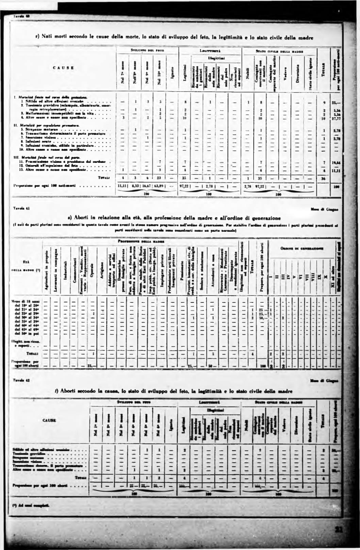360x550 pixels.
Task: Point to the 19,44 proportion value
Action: (337, 163)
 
